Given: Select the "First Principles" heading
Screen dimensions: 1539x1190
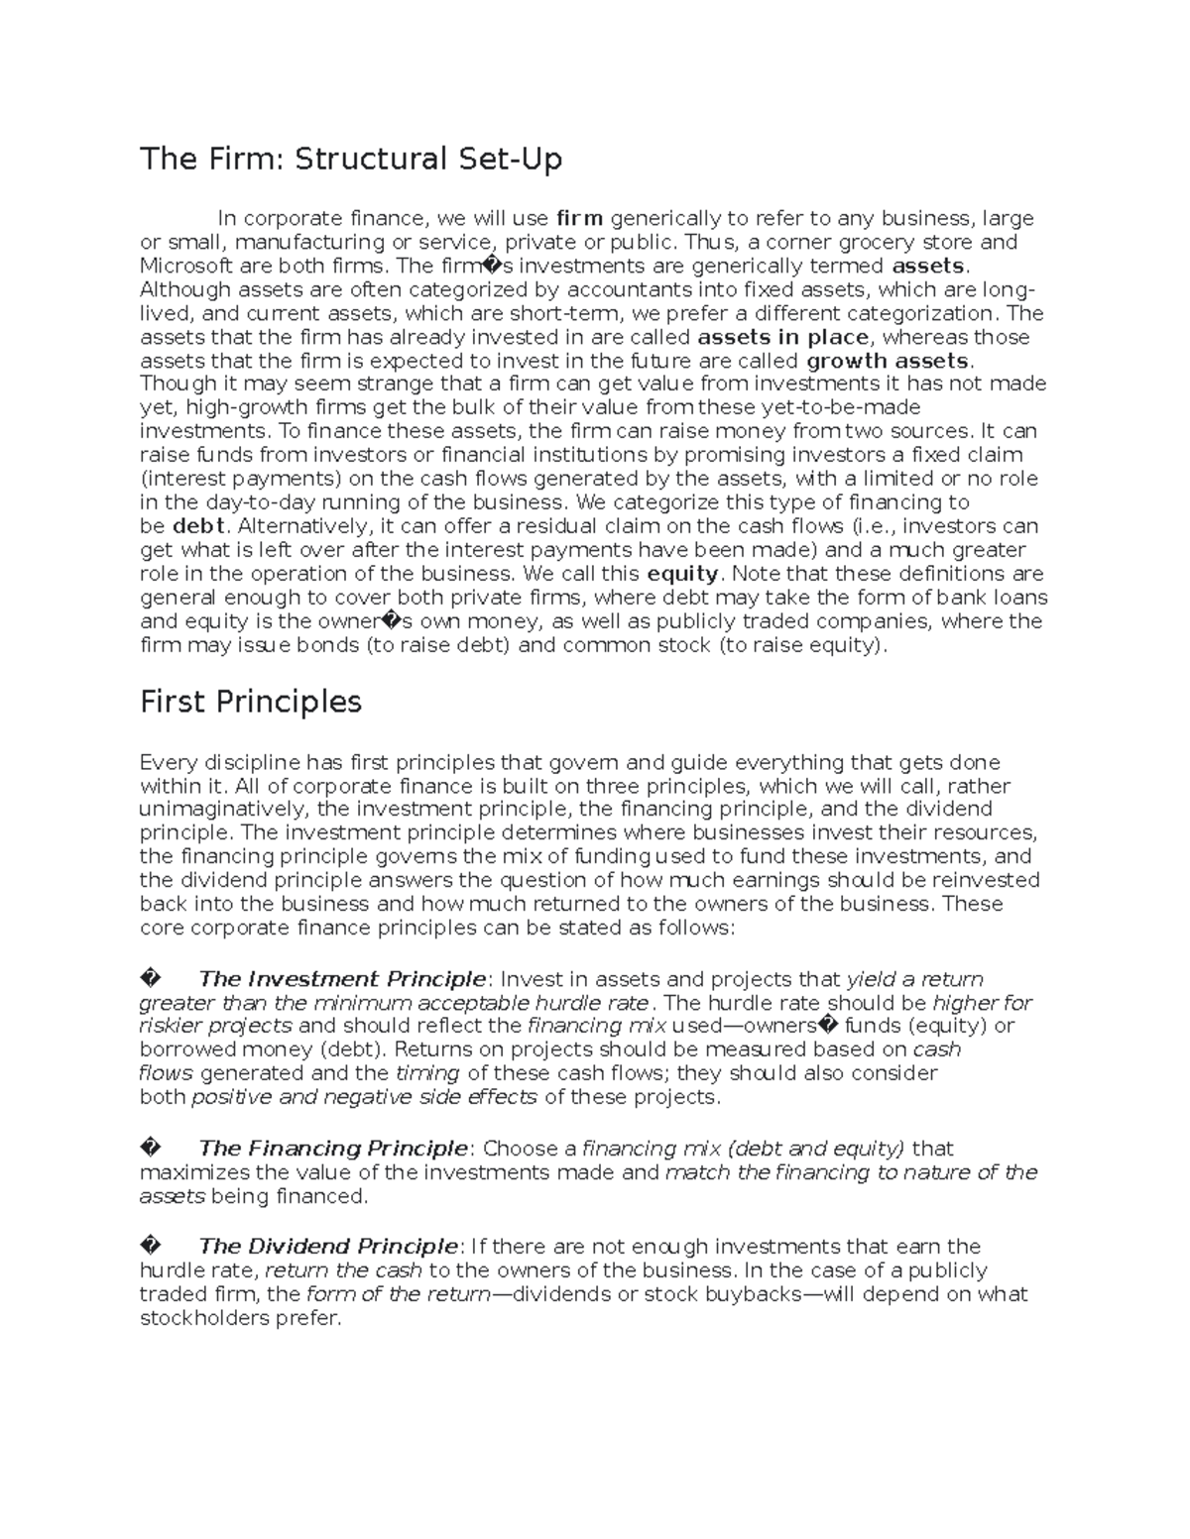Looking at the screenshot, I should click(x=250, y=702).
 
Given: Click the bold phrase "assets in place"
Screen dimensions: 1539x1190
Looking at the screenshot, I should click(x=781, y=337).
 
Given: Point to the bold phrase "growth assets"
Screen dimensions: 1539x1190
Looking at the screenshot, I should click(x=889, y=361).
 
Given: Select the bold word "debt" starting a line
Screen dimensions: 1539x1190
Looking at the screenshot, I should click(x=199, y=526).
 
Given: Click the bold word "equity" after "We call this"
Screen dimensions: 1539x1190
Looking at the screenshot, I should click(x=682, y=574).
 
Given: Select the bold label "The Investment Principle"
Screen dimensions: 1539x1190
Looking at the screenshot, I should click(x=342, y=979).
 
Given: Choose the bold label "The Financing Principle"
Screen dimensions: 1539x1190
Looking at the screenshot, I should click(x=332, y=1149).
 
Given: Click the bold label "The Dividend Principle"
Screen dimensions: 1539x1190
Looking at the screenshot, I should click(x=328, y=1247).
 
